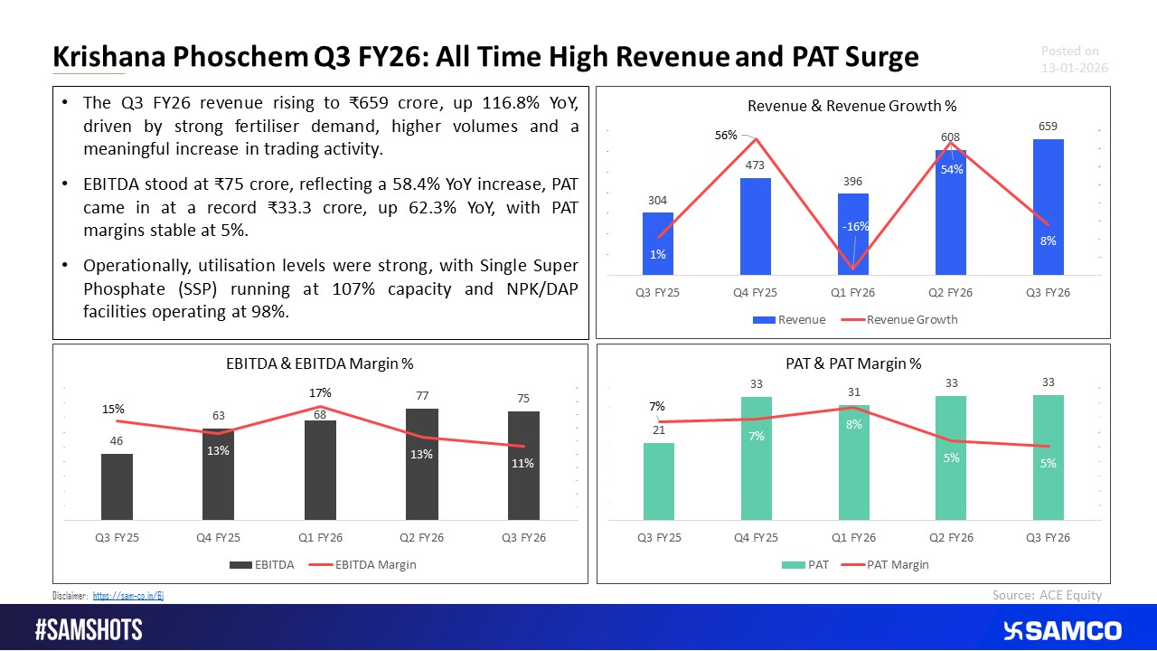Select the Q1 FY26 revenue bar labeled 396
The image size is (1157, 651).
click(x=852, y=233)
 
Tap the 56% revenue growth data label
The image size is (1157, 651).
click(x=727, y=136)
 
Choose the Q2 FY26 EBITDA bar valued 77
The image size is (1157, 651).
click(x=421, y=465)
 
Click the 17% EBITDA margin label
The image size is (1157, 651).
click(x=320, y=393)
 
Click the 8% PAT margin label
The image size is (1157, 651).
click(x=854, y=423)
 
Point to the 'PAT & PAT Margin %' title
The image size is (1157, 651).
click(x=853, y=363)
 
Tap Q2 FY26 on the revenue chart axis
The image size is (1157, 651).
click(x=950, y=293)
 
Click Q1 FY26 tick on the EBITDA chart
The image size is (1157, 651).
click(x=320, y=537)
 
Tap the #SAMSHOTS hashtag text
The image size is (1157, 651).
click(x=89, y=630)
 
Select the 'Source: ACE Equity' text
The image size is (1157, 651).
click(x=1046, y=594)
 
